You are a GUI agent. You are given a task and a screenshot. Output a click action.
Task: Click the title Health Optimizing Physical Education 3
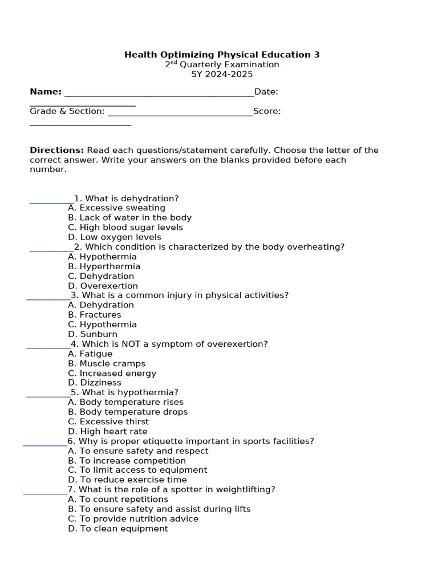[222, 55]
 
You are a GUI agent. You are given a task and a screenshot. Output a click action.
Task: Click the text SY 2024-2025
[222, 74]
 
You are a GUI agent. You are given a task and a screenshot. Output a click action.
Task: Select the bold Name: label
[46, 92]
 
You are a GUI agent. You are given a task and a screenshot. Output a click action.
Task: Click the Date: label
[266, 92]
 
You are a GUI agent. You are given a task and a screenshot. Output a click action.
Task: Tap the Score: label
[267, 111]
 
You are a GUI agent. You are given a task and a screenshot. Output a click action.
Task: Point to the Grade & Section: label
[67, 111]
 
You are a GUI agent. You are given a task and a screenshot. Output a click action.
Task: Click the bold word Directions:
[57, 151]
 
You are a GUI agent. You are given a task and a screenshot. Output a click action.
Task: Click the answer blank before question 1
[51, 200]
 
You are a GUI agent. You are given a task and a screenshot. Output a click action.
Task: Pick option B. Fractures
[95, 315]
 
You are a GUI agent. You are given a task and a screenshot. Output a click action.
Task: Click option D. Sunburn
[92, 334]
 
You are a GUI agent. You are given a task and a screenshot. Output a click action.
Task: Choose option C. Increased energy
[112, 374]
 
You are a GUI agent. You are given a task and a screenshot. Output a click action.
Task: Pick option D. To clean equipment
[117, 529]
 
